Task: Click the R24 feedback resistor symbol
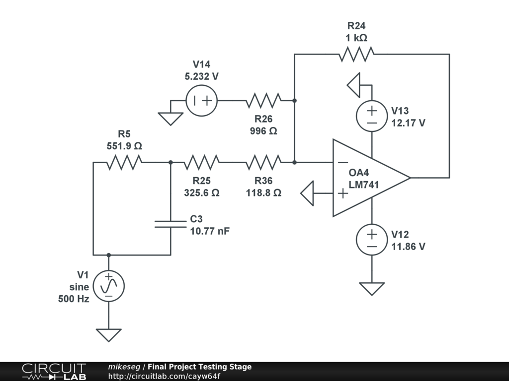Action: pyautogui.click(x=356, y=54)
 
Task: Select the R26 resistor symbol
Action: pyautogui.click(x=263, y=100)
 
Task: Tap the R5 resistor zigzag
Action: pyautogui.click(x=124, y=162)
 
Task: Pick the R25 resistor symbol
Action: pyautogui.click(x=201, y=162)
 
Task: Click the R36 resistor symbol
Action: pyautogui.click(x=263, y=162)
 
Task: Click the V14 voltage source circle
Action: pyautogui.click(x=201, y=100)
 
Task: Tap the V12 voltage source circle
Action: pyautogui.click(x=372, y=240)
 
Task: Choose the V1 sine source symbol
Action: pyautogui.click(x=108, y=286)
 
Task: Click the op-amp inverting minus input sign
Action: pyautogui.click(x=342, y=162)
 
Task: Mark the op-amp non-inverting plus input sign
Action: pyautogui.click(x=342, y=193)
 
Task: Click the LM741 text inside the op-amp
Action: pyautogui.click(x=364, y=185)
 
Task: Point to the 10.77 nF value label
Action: pyautogui.click(x=210, y=231)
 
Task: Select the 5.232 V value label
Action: pyautogui.click(x=201, y=76)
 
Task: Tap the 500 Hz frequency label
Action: pyautogui.click(x=74, y=299)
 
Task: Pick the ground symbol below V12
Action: pyautogui.click(x=372, y=288)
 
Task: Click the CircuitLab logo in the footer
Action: pyautogui.click(x=54, y=371)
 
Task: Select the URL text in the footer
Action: pyautogui.click(x=164, y=376)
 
